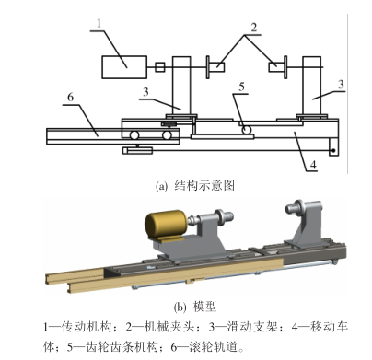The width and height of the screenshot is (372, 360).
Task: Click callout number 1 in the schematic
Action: (x=99, y=23)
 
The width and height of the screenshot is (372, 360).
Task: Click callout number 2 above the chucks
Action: (x=253, y=28)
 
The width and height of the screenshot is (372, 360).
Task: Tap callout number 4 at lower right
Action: (x=313, y=165)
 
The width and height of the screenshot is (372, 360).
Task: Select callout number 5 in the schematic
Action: (x=242, y=87)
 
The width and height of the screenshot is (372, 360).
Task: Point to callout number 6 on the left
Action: (x=71, y=97)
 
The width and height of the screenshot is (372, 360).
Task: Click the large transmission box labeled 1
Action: (x=124, y=67)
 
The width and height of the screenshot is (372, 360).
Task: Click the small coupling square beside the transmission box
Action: (x=159, y=67)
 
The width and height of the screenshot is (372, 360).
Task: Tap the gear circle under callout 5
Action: (x=246, y=130)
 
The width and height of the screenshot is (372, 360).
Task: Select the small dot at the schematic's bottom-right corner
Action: (x=333, y=151)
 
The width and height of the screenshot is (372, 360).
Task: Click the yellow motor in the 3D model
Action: (x=165, y=226)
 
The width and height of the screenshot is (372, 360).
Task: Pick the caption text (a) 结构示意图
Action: (x=195, y=186)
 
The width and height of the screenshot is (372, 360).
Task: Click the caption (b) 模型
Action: (x=195, y=307)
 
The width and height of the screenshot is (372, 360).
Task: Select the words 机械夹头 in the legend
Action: (x=169, y=326)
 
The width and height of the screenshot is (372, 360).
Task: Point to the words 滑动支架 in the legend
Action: (x=253, y=326)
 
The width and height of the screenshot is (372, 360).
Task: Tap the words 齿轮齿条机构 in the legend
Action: (x=121, y=347)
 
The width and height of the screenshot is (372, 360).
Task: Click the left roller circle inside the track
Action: (x=134, y=134)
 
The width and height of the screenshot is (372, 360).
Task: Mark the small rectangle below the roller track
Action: (x=137, y=151)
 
